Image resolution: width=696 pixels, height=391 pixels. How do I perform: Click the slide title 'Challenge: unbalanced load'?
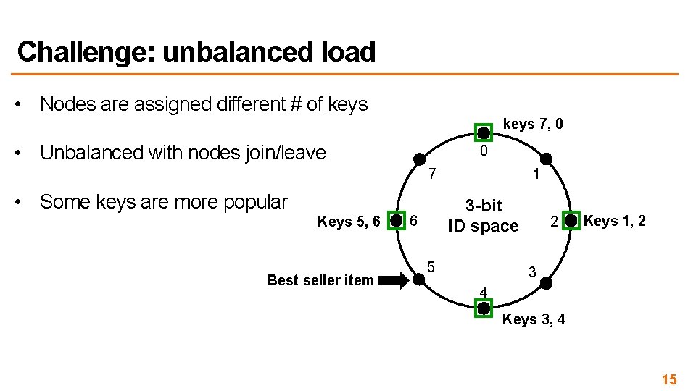pyautogui.click(x=196, y=52)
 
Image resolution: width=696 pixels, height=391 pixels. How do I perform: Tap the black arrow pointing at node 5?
pyautogui.click(x=394, y=280)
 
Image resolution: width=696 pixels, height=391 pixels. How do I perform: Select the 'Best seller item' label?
pyautogui.click(x=320, y=280)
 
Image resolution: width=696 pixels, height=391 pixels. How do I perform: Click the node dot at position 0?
pyautogui.click(x=484, y=132)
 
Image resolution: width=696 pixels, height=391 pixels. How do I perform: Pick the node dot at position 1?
pyautogui.click(x=546, y=159)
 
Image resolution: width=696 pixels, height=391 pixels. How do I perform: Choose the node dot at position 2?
pyautogui.click(x=571, y=220)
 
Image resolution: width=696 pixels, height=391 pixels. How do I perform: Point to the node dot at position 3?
pyautogui.click(x=546, y=282)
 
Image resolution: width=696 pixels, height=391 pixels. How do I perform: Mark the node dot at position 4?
pyautogui.click(x=484, y=308)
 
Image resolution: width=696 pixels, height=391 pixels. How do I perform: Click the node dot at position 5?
pyautogui.click(x=420, y=279)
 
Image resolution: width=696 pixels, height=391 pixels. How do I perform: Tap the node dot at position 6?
pyautogui.click(x=396, y=220)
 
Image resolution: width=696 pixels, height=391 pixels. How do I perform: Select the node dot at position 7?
pyautogui.click(x=419, y=159)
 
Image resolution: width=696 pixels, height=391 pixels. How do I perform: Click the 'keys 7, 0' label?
pyautogui.click(x=533, y=125)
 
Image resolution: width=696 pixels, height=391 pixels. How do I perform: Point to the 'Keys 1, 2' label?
pyautogui.click(x=615, y=221)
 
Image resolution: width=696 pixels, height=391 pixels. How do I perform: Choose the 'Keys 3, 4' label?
pyautogui.click(x=534, y=319)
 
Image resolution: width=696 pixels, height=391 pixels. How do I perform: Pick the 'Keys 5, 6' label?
pyautogui.click(x=349, y=222)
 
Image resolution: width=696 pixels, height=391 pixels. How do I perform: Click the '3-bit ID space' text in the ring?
pyautogui.click(x=484, y=216)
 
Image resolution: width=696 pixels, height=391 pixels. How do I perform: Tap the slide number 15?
pyautogui.click(x=668, y=379)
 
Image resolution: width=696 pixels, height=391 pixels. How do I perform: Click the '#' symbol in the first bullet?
pyautogui.click(x=295, y=104)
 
